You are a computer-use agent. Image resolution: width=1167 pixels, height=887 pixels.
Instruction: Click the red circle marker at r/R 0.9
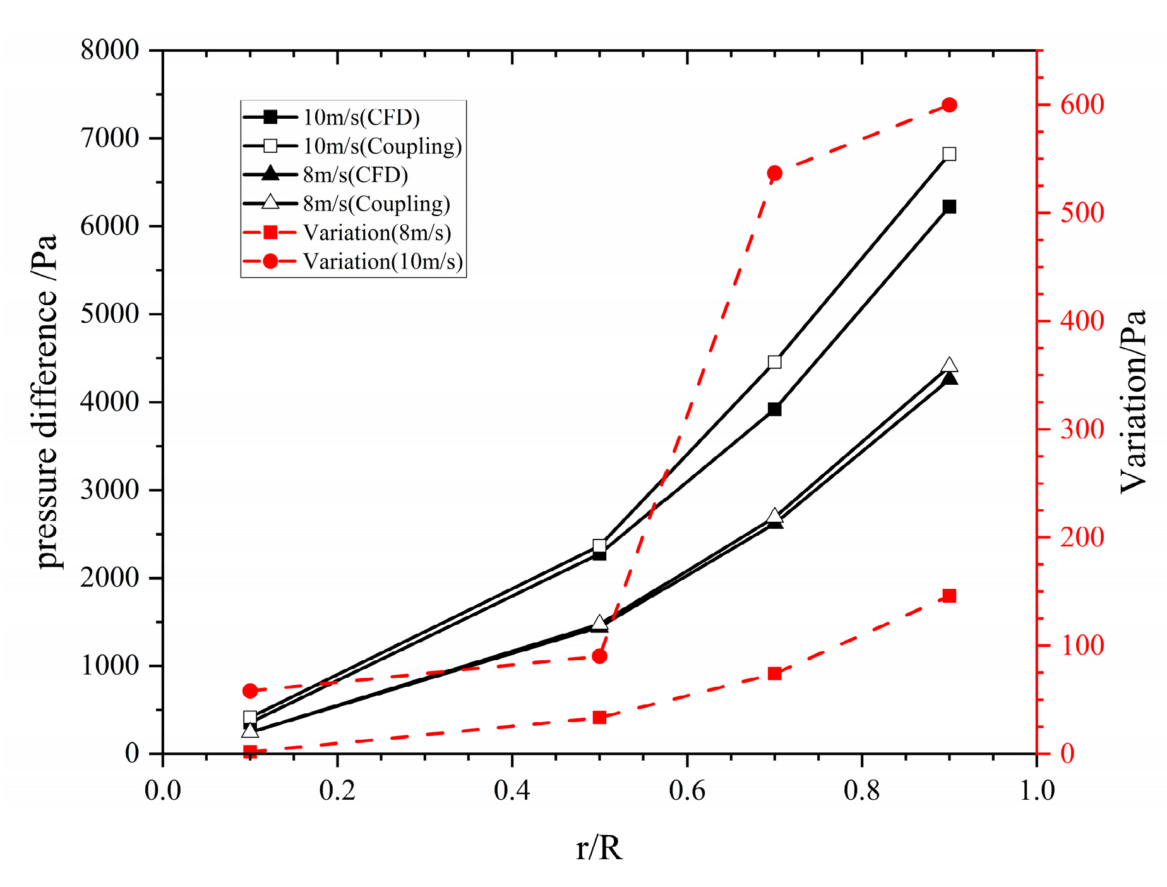pos(949,105)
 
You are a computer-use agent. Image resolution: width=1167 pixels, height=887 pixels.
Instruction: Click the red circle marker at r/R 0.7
pos(775,173)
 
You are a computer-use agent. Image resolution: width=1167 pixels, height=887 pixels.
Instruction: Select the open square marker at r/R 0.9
pos(949,154)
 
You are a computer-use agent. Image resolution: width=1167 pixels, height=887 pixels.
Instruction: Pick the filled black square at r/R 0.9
pos(949,207)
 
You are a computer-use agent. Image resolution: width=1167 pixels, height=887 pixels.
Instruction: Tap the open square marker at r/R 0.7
pos(775,362)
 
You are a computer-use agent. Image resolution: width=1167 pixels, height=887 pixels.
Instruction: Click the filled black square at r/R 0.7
pos(775,409)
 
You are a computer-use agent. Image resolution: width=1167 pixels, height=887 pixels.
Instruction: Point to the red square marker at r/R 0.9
pos(949,596)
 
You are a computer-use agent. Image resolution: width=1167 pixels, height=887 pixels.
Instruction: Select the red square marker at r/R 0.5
pos(600,717)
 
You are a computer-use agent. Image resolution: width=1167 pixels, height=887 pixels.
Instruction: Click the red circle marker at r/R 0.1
pos(250,691)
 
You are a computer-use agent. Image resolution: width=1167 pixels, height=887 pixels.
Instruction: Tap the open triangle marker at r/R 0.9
pos(949,365)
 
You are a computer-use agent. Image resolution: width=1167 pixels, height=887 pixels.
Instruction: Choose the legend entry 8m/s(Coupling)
pos(376,203)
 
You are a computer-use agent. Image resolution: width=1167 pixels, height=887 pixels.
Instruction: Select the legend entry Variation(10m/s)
pos(383,261)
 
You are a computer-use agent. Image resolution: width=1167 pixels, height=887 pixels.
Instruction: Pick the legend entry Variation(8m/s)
pos(377,232)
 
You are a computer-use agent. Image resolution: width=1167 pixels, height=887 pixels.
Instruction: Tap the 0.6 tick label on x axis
pos(687,790)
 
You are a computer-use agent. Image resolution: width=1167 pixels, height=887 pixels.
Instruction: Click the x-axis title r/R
pos(599,848)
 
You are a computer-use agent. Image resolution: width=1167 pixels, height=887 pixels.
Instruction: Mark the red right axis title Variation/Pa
pos(1134,402)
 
